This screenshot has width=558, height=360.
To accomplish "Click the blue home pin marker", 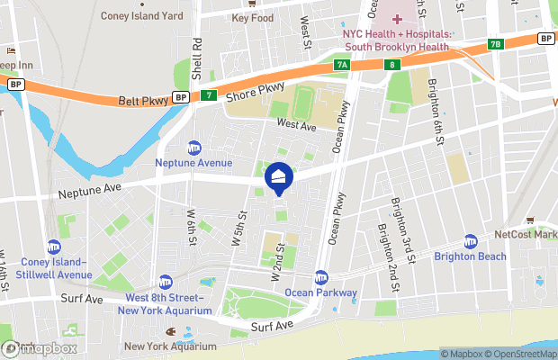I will (x=279, y=178).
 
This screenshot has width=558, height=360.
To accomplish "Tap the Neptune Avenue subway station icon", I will (x=193, y=148).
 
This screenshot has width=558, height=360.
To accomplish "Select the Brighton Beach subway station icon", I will (x=470, y=241).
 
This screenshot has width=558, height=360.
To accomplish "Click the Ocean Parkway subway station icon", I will (x=321, y=278).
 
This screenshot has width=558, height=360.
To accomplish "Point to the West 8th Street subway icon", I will (x=165, y=283).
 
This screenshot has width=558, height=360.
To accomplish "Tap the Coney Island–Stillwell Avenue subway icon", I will (x=54, y=247).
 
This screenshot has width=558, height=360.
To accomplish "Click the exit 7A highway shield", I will (x=341, y=65).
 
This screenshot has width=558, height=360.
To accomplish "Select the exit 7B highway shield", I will (x=495, y=43).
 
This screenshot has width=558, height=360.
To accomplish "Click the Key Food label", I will (x=252, y=17).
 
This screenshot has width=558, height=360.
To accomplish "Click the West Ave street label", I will (x=297, y=127).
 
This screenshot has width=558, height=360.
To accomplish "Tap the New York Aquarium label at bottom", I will (x=170, y=346).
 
